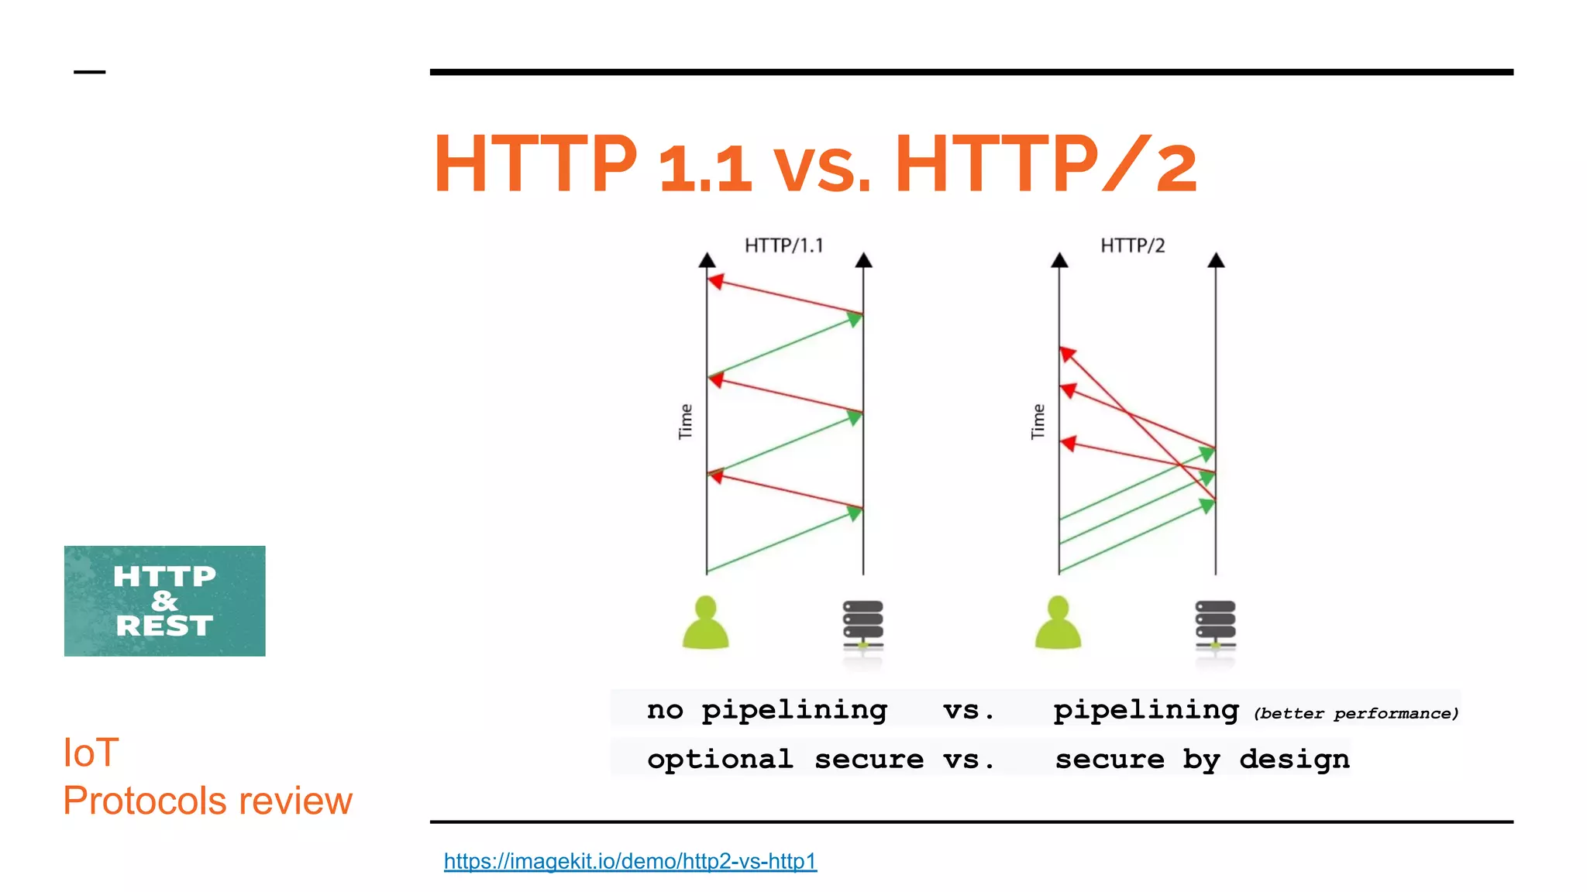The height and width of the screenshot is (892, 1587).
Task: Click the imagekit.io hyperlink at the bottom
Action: coord(630,861)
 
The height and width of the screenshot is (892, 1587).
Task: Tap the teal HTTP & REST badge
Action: coord(164,601)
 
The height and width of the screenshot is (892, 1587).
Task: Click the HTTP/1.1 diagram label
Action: coord(783,245)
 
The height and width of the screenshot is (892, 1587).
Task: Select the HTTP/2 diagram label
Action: coord(1132,245)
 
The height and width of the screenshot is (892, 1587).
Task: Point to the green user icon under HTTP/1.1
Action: coord(705,623)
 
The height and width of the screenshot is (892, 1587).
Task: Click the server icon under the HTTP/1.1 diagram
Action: coord(862,626)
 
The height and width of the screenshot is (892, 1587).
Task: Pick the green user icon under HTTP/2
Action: coord(1058,623)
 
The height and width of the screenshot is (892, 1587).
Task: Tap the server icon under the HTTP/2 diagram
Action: coord(1215,626)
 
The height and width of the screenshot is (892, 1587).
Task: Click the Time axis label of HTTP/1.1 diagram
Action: coord(685,421)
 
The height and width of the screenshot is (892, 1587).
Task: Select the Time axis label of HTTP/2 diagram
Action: coord(1038,421)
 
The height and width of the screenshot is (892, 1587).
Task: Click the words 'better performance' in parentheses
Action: coord(1356,714)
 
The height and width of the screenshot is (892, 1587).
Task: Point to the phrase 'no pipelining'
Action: coord(767,710)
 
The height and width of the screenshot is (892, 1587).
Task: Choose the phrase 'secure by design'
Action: coord(1202,760)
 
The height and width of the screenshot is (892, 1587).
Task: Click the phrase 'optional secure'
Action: coord(785,760)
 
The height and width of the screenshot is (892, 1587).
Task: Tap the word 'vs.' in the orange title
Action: coord(822,167)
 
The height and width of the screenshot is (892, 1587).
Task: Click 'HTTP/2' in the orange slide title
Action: coord(1046,164)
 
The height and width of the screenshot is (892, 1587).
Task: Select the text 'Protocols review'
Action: coord(208,801)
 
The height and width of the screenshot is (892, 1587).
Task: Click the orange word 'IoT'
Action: coord(91,753)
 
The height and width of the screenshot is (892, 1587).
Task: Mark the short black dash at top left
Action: coord(89,72)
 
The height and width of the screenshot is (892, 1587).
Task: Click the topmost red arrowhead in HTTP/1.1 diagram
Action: coord(716,281)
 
